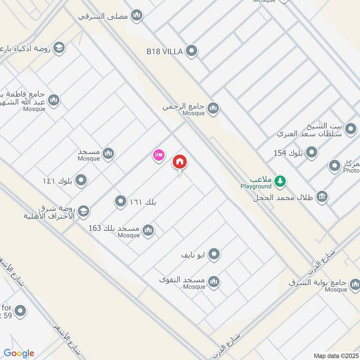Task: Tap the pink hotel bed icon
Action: click(158, 156)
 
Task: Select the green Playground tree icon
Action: click(281, 181)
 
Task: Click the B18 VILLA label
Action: click(164, 52)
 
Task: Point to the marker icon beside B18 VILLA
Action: click(192, 51)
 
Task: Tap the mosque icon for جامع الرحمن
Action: click(213, 108)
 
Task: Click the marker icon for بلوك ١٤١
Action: click(81, 181)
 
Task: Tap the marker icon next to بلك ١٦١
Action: click(120, 202)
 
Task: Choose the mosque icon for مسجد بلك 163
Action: click(148, 231)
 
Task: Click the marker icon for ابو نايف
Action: click(214, 255)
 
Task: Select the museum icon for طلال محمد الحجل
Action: click(322, 196)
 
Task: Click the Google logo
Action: click(19, 353)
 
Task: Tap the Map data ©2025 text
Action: click(335, 355)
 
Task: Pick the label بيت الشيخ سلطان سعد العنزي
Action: click(310, 129)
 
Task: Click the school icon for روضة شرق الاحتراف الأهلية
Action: click(83, 211)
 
